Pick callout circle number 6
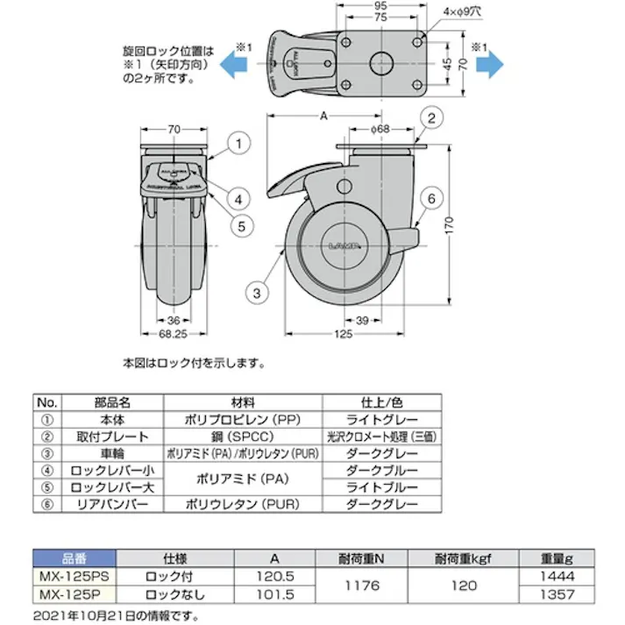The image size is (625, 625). click(x=431, y=199)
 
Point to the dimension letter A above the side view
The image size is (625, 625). click(x=324, y=116)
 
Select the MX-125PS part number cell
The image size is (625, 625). click(x=75, y=578)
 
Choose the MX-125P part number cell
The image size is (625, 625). click(x=75, y=594)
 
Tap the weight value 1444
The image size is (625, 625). click(x=558, y=578)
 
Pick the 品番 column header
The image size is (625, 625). click(x=75, y=558)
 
